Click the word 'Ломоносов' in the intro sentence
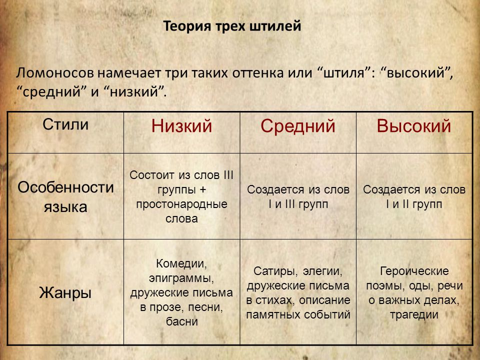(55, 73)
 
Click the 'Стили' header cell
(65, 124)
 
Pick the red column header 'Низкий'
(181, 126)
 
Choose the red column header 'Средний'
(298, 126)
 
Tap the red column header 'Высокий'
(414, 126)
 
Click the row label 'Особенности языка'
(65, 197)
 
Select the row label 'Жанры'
(65, 292)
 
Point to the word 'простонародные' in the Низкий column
(181, 204)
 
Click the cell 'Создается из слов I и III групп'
(298, 197)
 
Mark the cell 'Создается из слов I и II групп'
(414, 197)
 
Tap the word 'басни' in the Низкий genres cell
(182, 321)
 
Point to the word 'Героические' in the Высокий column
(414, 271)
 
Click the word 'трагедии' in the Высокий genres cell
(414, 314)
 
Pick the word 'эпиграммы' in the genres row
(181, 278)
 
